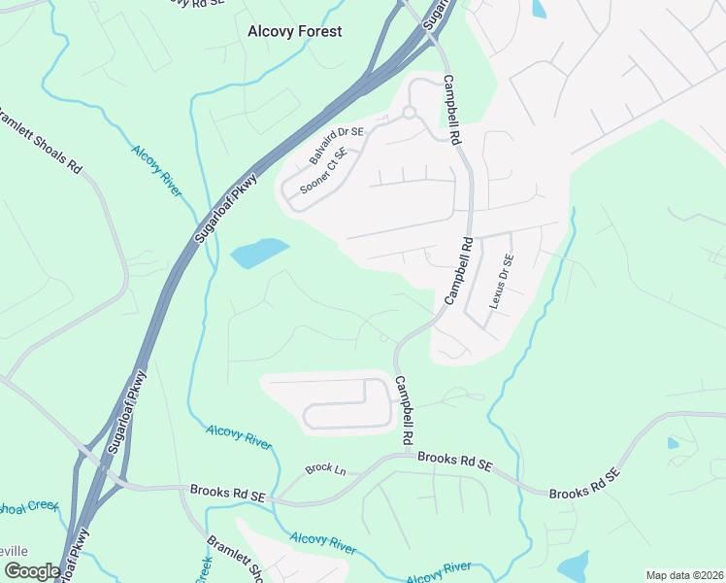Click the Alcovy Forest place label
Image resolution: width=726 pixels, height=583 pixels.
coord(294,31)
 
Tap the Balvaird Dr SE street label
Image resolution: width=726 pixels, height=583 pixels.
coord(336,145)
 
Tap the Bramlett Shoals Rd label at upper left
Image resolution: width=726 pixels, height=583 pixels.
coord(40,140)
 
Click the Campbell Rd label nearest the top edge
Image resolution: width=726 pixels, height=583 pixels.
coord(451,110)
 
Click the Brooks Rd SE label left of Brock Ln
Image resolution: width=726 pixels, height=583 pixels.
coord(228,493)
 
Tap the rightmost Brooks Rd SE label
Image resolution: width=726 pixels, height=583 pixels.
coord(584,486)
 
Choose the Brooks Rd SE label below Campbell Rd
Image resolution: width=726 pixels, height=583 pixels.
coord(453,463)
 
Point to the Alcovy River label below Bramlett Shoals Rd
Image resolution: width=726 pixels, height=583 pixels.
coord(156,170)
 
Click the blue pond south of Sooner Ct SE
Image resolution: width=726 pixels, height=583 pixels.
coord(259,254)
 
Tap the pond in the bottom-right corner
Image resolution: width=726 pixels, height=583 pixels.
coord(575,566)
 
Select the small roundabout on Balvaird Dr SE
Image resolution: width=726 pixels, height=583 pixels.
coord(410,113)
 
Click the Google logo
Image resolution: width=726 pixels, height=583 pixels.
coord(31,571)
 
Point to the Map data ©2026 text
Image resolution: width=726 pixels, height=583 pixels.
coord(684,575)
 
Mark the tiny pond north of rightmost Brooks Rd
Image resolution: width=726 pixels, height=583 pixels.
coord(674,443)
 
